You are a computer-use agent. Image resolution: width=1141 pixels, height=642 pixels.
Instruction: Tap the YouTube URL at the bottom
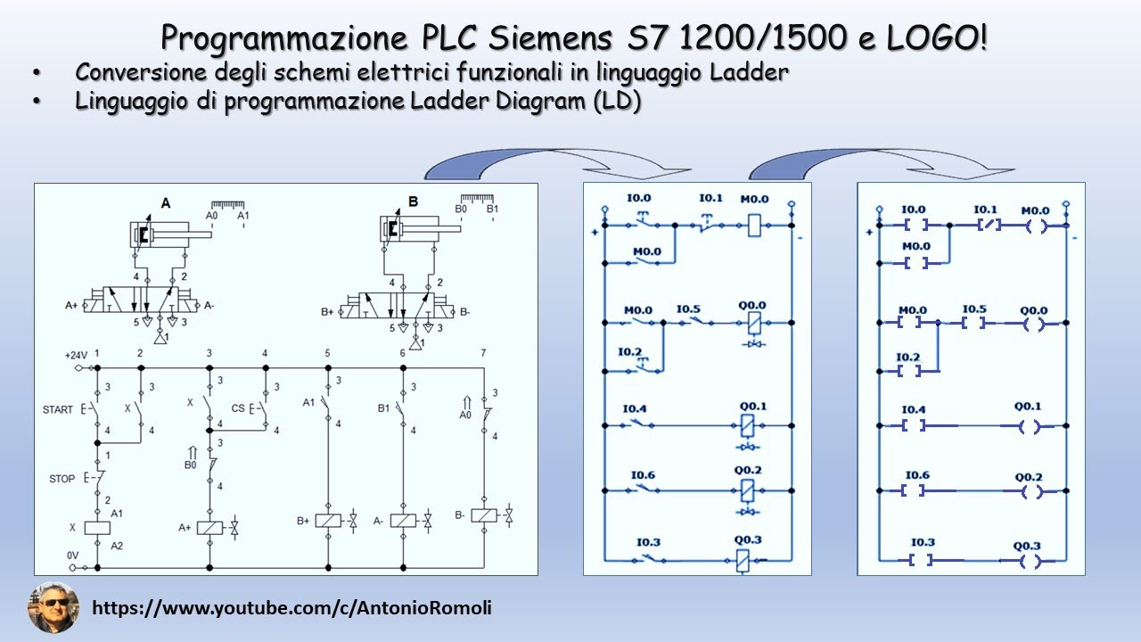tap(292, 608)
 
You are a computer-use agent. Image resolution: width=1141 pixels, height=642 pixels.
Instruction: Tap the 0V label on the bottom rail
tap(73, 556)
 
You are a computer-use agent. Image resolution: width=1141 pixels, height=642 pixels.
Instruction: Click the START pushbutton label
tap(58, 410)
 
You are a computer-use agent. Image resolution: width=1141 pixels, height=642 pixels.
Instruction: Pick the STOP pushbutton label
tap(62, 479)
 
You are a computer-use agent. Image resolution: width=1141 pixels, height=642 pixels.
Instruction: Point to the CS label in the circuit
tap(238, 408)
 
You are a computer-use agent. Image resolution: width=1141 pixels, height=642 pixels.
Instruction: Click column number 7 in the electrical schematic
tap(483, 354)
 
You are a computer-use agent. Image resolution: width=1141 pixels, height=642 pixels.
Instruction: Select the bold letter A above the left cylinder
tap(166, 203)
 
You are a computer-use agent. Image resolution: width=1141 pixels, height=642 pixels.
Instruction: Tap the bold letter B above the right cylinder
tap(413, 202)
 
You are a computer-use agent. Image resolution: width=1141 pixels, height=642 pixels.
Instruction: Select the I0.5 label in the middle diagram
tap(688, 310)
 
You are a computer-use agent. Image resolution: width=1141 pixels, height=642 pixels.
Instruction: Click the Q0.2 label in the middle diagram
tap(748, 470)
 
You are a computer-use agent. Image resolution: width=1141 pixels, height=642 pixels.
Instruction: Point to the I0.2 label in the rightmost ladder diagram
tap(907, 357)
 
